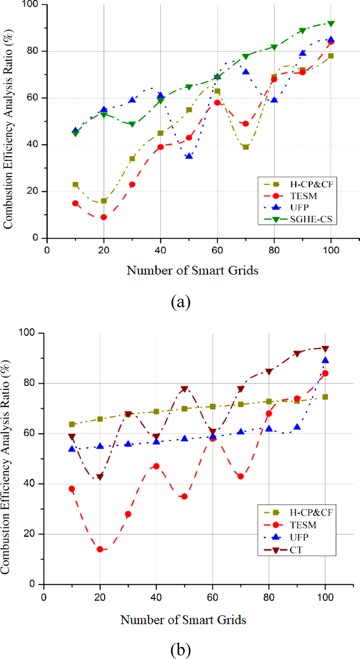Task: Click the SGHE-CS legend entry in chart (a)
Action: click(311, 219)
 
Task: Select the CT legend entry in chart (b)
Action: click(296, 550)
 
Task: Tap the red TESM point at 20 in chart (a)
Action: click(104, 217)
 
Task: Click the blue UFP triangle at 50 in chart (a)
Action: click(189, 156)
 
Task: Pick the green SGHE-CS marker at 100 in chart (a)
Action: click(331, 24)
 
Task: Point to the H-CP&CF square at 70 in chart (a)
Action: click(246, 147)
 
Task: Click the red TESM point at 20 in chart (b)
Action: click(100, 549)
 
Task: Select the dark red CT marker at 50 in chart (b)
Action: click(184, 389)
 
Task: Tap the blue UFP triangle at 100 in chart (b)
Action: click(325, 360)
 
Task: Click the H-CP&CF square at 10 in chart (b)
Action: click(72, 424)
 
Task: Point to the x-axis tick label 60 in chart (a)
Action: click(217, 250)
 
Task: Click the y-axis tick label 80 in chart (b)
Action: click(29, 383)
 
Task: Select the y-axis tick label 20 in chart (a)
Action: click(32, 191)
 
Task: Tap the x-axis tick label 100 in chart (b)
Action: click(325, 597)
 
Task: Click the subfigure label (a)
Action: click(180, 302)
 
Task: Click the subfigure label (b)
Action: click(180, 650)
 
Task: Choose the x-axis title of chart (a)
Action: click(192, 270)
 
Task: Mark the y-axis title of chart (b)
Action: click(5, 466)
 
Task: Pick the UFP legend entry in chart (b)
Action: click(299, 537)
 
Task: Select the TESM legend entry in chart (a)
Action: click(303, 196)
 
